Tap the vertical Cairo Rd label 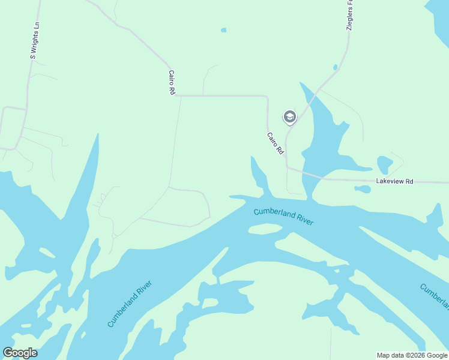[x=172, y=82]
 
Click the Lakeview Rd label [x=395, y=181]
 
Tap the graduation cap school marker [x=289, y=117]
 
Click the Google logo [x=20, y=353]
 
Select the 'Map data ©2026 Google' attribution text [x=412, y=355]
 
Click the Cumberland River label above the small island [x=283, y=216]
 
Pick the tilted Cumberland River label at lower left [x=130, y=304]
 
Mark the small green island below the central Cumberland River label [x=265, y=229]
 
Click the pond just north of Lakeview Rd [x=384, y=164]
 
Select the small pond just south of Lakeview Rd [x=363, y=189]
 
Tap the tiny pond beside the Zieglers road [x=335, y=67]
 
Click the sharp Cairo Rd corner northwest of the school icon [x=267, y=96]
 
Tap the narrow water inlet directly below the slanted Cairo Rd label [x=259, y=174]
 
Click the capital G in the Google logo [x=8, y=353]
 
